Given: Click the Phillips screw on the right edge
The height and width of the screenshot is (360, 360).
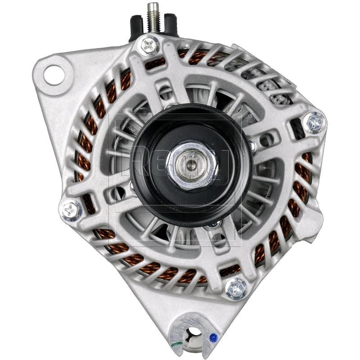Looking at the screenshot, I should pos(315,121).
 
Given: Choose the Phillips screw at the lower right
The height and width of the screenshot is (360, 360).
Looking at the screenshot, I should pos(236,288).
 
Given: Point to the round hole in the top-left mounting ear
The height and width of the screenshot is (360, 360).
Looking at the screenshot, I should pos(54,74).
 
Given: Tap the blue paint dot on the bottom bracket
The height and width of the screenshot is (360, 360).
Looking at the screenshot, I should pos(213,335).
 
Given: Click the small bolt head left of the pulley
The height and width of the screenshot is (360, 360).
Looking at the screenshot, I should pos(131,184).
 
